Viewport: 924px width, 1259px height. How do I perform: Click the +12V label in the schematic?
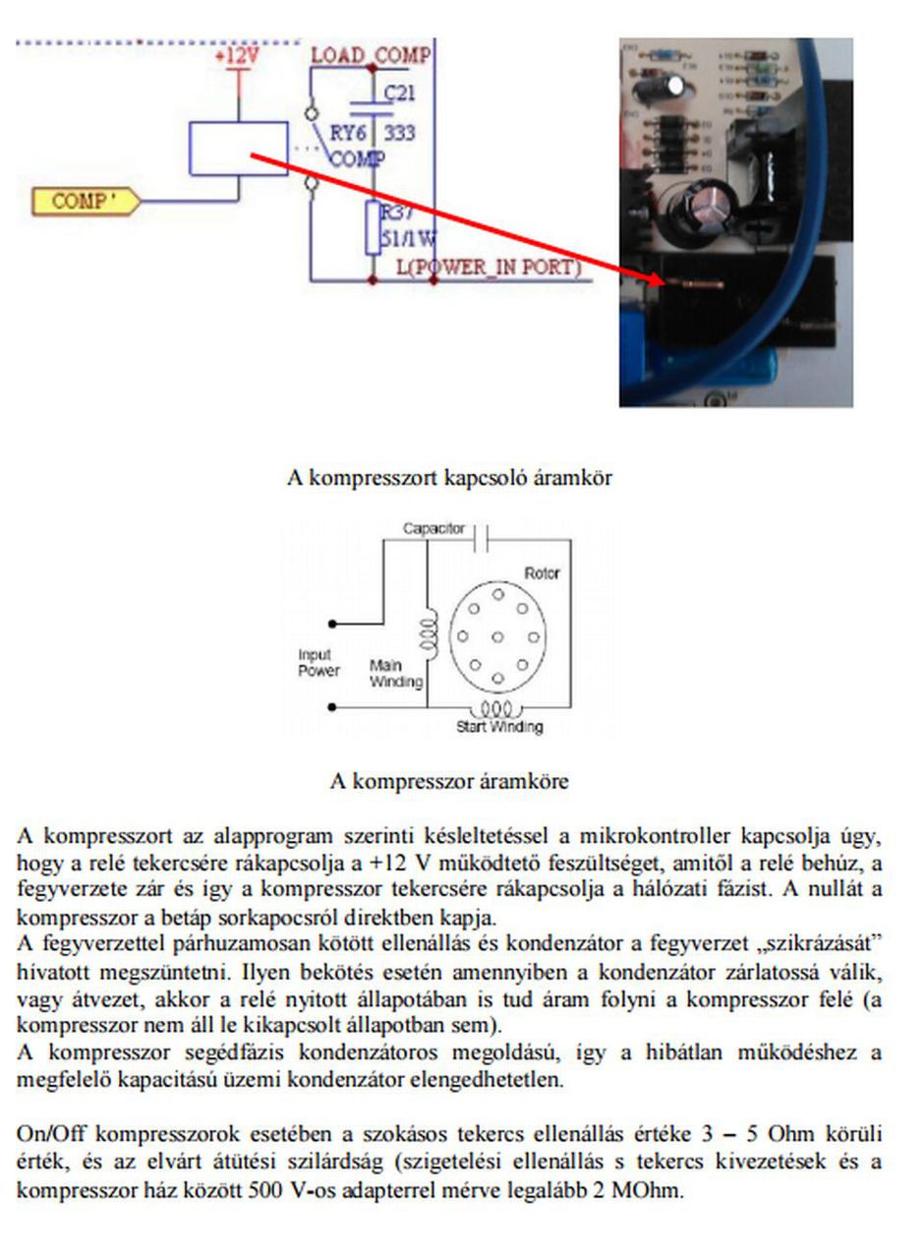click(x=237, y=56)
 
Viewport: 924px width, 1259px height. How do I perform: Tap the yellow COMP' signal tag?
click(x=85, y=202)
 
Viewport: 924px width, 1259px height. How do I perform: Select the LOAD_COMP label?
click(x=371, y=55)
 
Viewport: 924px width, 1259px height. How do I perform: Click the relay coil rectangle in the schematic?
click(x=239, y=149)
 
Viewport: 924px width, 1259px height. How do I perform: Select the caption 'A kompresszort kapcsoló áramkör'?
click(x=449, y=478)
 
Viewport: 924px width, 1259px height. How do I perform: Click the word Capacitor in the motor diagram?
click(x=433, y=528)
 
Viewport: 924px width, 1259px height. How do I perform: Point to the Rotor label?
click(x=542, y=572)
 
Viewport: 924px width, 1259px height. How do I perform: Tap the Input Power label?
click(x=318, y=663)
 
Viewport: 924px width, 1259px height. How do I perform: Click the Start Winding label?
click(x=498, y=728)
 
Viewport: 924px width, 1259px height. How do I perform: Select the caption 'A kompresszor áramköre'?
click(x=449, y=782)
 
